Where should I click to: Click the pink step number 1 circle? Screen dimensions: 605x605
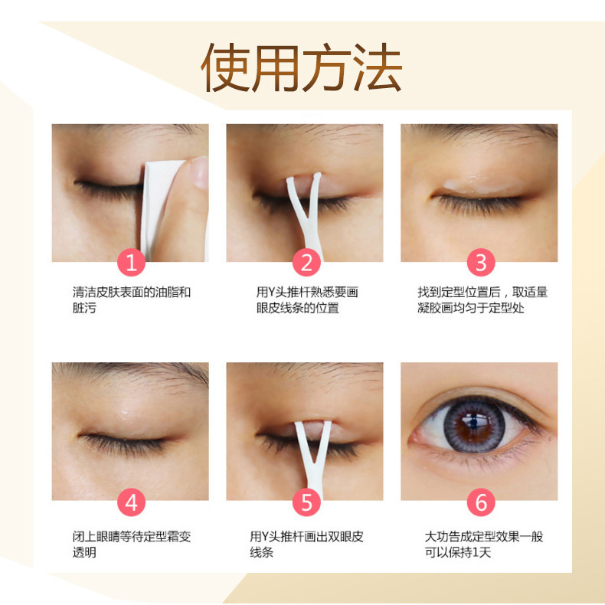coord(131,263)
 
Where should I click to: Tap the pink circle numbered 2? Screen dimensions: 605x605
coord(306,263)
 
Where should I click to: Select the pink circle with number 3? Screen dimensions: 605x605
coord(481,263)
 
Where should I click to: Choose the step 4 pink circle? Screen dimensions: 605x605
coord(131,502)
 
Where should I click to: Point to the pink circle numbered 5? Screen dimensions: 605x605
coord(306,502)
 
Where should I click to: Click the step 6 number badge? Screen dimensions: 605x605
coord(481,502)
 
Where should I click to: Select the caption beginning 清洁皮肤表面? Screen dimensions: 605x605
coord(131,300)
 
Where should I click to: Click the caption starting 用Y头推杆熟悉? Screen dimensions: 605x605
coord(306,300)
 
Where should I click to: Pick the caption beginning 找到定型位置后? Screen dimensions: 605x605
coord(482,300)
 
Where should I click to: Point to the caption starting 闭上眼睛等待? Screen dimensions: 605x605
coord(131,544)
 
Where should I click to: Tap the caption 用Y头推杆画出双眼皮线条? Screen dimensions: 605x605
coord(306,544)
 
